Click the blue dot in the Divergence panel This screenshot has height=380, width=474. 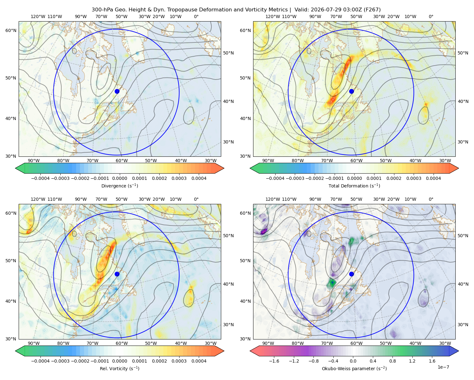click(x=117, y=91)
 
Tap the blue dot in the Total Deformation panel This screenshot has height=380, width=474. click(x=351, y=91)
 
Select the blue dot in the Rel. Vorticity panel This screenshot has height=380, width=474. click(x=117, y=274)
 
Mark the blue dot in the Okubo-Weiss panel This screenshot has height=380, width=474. click(x=351, y=274)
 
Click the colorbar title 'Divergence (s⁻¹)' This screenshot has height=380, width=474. click(x=119, y=186)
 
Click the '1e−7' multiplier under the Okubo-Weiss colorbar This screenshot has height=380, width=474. click(x=443, y=367)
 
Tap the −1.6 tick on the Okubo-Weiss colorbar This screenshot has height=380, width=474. click(x=274, y=361)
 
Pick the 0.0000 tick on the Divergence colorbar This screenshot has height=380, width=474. click(x=119, y=178)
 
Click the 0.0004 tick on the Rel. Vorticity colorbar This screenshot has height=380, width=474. click(x=199, y=361)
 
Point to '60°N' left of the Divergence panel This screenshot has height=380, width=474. click(x=11, y=30)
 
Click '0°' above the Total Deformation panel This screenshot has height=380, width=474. click(x=431, y=16)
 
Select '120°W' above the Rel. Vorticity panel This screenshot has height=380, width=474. click(x=38, y=199)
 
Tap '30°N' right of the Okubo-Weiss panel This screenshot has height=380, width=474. click(x=463, y=325)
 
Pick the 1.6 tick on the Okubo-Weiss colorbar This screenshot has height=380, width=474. click(x=432, y=361)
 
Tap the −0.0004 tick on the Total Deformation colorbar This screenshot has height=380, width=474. click(x=275, y=178)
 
